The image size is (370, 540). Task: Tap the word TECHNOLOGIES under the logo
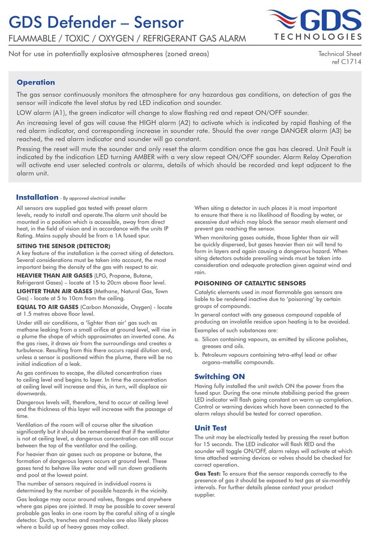(x=320, y=37)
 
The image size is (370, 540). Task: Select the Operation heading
(x=36, y=82)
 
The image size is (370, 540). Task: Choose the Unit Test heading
(x=210, y=428)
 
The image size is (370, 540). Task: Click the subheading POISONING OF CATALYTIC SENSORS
(x=250, y=283)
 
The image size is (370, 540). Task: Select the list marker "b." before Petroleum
(x=197, y=355)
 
